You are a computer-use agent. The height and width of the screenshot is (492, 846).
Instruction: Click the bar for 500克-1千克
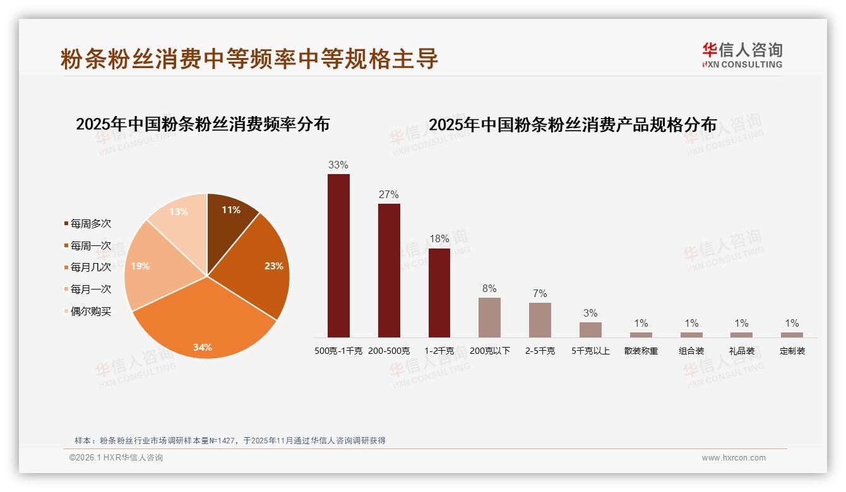tap(338, 255)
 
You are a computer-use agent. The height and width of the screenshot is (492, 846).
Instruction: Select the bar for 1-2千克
tap(439, 293)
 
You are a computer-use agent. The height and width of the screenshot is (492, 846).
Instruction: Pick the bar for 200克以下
tap(489, 317)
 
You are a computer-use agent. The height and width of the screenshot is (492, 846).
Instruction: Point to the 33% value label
tap(338, 165)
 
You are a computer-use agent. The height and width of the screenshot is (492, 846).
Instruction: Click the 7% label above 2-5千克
tap(540, 294)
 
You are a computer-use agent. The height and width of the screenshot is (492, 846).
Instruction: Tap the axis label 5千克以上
tap(590, 351)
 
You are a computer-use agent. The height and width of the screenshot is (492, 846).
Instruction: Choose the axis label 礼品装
tap(742, 351)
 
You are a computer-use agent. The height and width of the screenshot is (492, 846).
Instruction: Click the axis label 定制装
tap(792, 351)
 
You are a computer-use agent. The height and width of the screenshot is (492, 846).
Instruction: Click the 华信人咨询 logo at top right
tap(742, 56)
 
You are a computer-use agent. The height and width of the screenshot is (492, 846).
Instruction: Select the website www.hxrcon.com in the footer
tap(734, 458)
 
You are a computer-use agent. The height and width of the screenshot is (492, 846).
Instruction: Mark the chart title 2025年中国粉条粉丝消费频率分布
tap(203, 124)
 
